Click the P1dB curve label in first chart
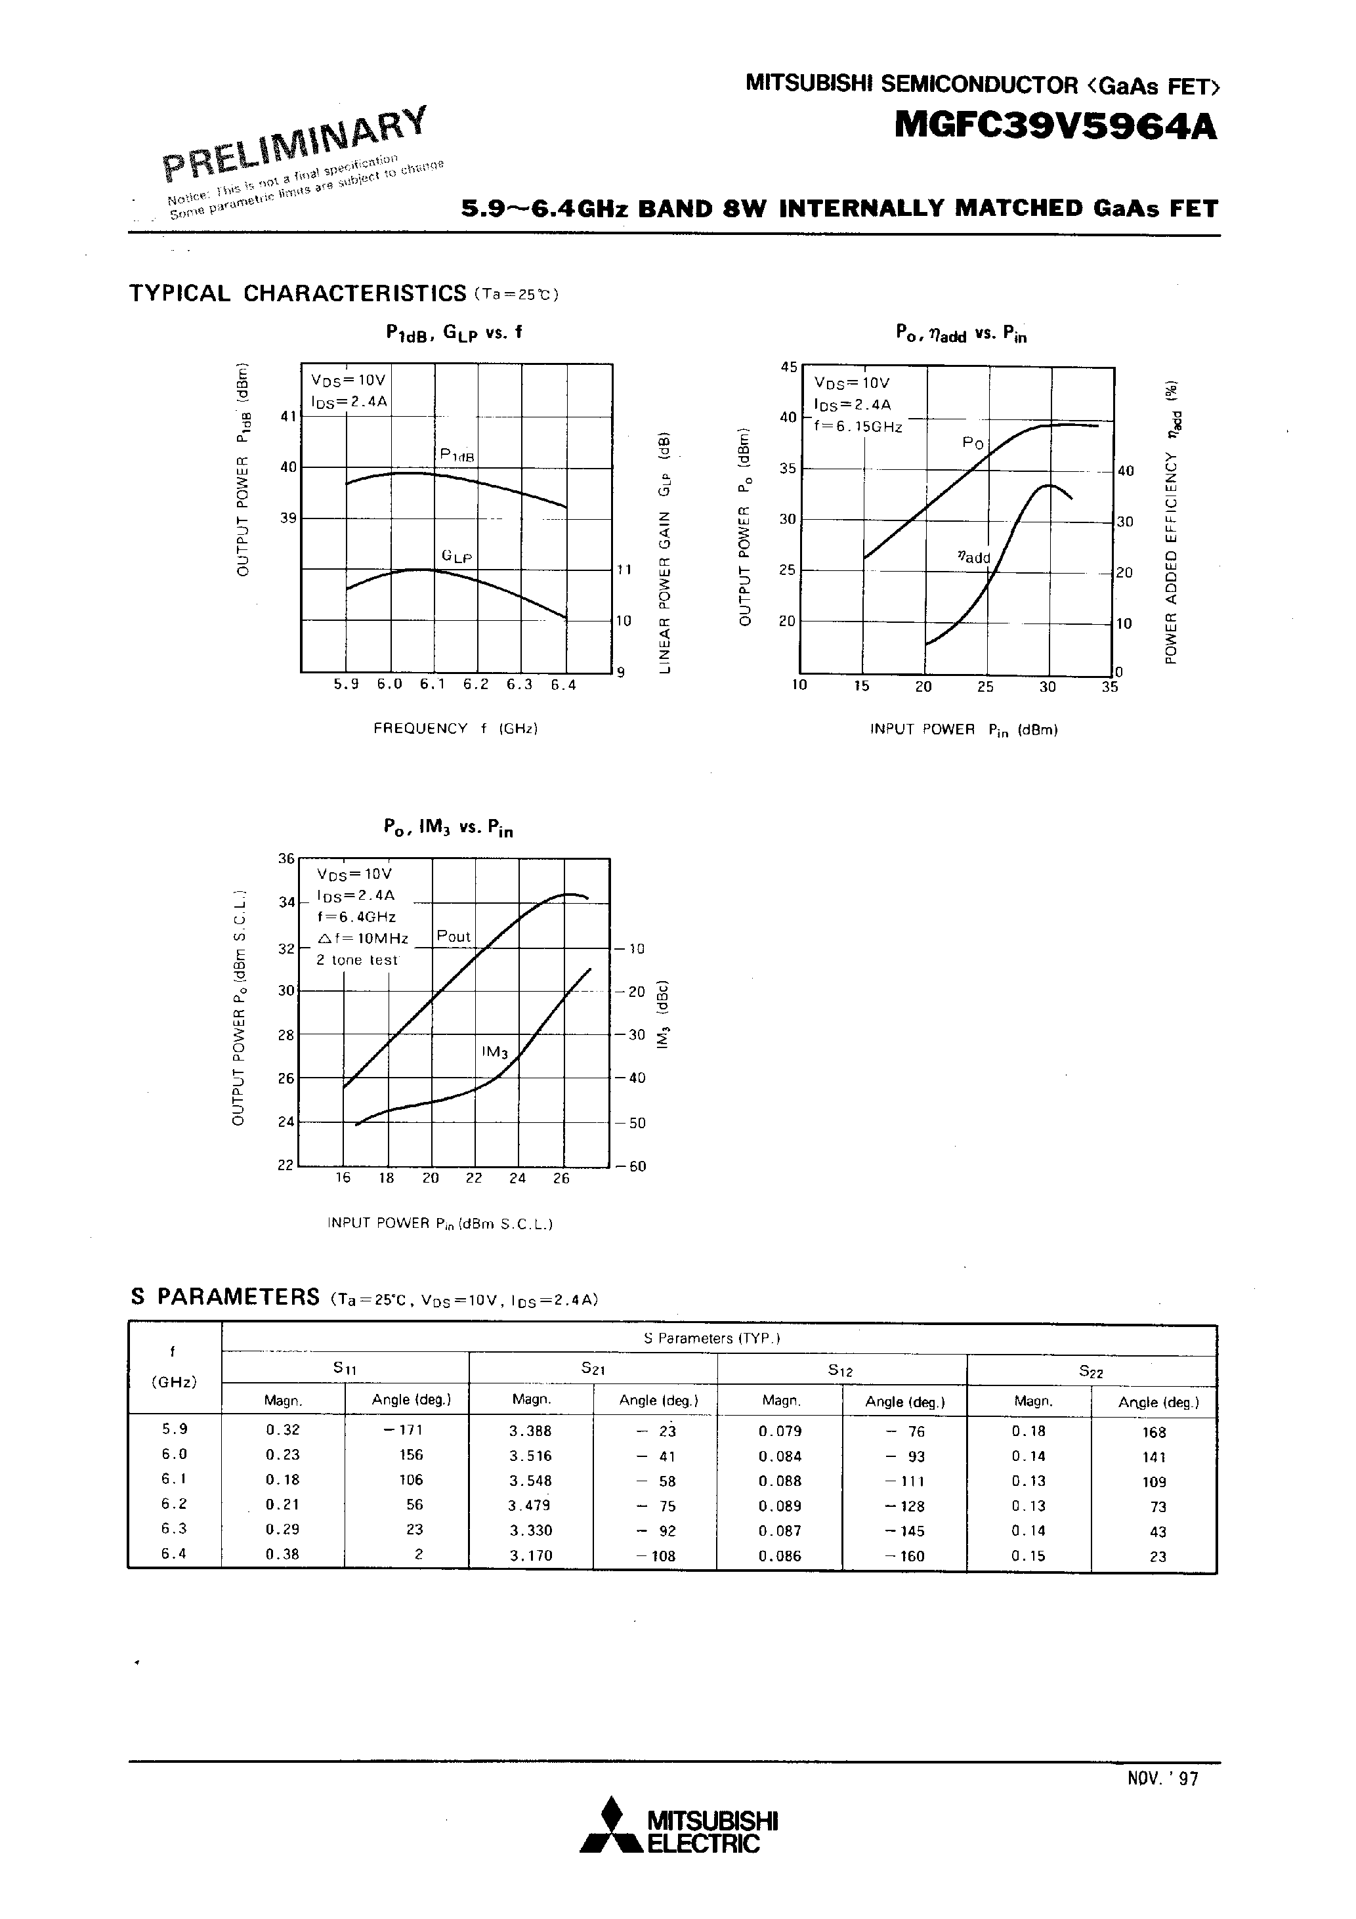tap(457, 455)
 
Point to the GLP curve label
tap(457, 557)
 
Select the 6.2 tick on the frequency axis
tap(475, 685)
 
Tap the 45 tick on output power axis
tap(788, 367)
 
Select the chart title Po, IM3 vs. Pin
tap(448, 828)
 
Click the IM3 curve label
tap(494, 1052)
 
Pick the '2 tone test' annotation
tap(357, 960)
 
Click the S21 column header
tap(593, 1368)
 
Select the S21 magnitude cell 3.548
tap(530, 1480)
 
